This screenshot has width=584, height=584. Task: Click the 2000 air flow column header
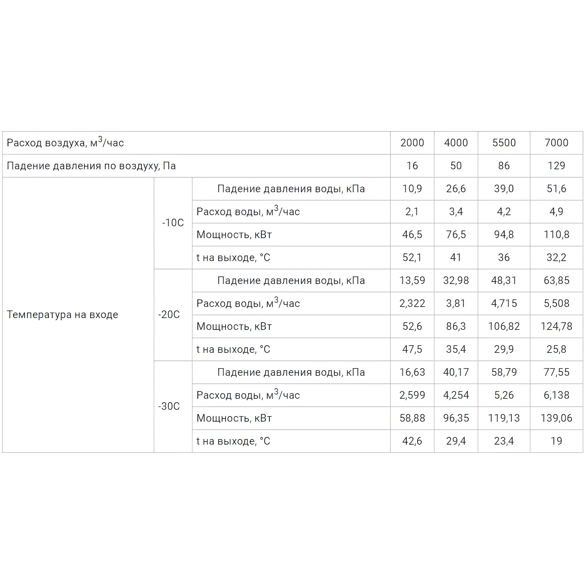coord(412,143)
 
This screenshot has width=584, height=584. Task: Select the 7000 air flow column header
coord(556,143)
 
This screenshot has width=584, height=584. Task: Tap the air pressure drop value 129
coord(556,166)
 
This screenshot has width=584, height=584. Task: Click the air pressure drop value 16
coord(412,166)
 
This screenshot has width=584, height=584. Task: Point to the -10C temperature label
coord(173,223)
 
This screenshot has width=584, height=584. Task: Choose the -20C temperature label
coord(169,315)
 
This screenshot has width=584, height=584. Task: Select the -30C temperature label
coord(169,406)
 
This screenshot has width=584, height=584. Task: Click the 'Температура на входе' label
coord(63,315)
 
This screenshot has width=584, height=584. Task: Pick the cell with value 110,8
coord(556,235)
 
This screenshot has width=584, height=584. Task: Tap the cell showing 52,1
coord(412,258)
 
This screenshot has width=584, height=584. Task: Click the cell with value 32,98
coord(456,281)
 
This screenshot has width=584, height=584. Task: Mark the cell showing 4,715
coord(504,303)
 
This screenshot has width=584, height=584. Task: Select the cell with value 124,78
coord(556,326)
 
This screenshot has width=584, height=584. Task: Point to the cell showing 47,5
coord(412,349)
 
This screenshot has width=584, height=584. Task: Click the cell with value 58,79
coord(504,372)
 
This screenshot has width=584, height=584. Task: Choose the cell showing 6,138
coord(556,395)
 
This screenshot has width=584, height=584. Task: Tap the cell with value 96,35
coord(456,418)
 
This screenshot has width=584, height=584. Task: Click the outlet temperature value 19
coord(556,441)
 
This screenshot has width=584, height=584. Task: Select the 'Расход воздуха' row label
coord(65,143)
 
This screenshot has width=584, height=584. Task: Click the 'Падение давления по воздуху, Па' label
coord(91,166)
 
